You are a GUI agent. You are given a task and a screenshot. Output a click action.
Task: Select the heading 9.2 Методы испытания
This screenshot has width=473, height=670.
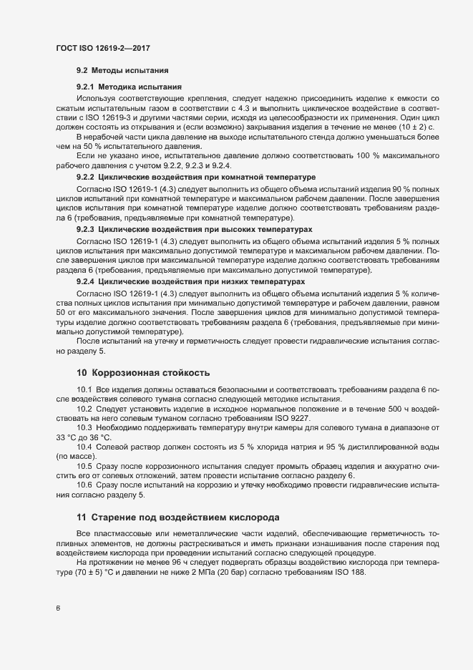[x=122, y=71]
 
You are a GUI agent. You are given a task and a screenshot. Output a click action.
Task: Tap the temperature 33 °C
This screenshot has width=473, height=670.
[x=71, y=436]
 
